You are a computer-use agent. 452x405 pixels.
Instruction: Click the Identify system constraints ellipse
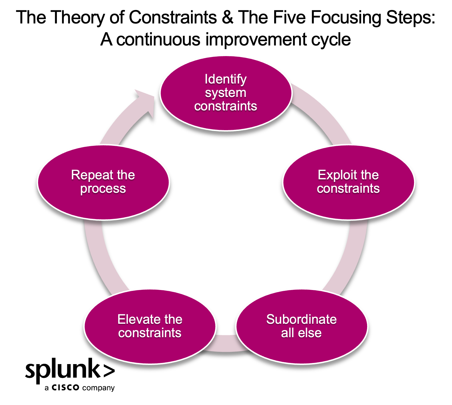pos(226,120)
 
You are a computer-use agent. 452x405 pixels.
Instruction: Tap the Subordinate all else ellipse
pos(302,350)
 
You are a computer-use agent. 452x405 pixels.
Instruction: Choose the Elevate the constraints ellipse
pos(150,350)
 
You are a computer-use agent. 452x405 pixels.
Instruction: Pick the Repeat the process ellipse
pos(103,206)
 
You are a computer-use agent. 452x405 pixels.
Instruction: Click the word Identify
pos(226,79)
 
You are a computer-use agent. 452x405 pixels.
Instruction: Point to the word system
pos(226,93)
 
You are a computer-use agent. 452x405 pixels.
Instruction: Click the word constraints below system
pos(226,106)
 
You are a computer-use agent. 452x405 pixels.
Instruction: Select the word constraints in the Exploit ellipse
pos(348,188)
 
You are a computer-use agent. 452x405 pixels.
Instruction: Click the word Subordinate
pos(301,319)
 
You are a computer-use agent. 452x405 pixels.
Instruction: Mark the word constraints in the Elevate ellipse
pos(150,333)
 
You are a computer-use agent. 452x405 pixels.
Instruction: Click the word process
pos(103,189)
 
